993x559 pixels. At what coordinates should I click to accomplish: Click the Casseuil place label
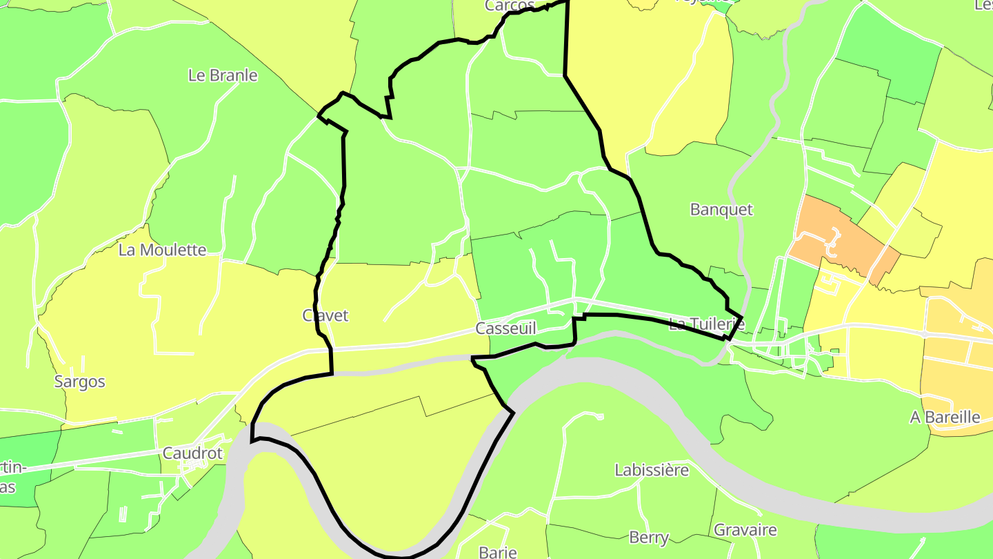[x=505, y=328]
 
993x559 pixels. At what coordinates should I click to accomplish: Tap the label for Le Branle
[x=223, y=75]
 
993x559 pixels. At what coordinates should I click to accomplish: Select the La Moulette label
[x=162, y=250]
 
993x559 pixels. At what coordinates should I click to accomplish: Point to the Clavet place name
[x=325, y=315]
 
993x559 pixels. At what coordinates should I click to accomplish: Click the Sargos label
[x=80, y=382]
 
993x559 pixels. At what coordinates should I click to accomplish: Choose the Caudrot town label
[x=192, y=453]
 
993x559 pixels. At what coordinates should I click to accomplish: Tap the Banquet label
[x=721, y=210]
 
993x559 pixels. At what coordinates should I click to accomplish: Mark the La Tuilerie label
[x=707, y=323]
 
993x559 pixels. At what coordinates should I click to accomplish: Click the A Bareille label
[x=945, y=417]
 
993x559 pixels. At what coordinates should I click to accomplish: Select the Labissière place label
[x=652, y=470]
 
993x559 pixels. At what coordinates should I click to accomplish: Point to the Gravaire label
[x=745, y=530]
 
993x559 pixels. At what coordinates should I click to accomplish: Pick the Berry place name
[x=649, y=537]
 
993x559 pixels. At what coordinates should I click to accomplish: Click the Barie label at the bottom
[x=498, y=551]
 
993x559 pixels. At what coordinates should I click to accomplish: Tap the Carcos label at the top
[x=510, y=6]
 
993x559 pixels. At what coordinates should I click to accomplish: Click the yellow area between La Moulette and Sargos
[x=103, y=324]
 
